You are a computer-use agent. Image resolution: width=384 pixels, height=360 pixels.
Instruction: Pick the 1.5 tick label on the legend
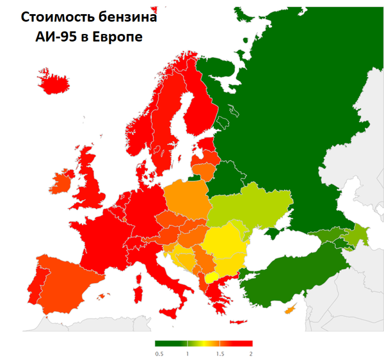220,354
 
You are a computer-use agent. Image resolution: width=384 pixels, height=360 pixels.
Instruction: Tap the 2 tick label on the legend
251,354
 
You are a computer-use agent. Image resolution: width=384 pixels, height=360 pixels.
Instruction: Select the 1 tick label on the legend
188,354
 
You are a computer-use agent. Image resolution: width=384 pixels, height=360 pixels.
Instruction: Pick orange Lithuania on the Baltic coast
204,171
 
